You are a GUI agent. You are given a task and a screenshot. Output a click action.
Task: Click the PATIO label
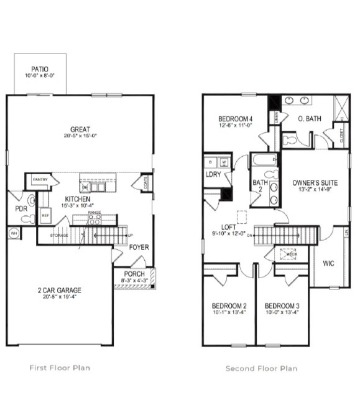click(x=40, y=70)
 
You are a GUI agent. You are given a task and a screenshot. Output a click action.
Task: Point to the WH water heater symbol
click(x=13, y=234)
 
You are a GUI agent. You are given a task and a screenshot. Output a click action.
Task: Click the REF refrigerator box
click(x=45, y=215)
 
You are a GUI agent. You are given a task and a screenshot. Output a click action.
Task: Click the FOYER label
click(x=138, y=246)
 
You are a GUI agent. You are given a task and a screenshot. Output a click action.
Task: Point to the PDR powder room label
click(x=21, y=208)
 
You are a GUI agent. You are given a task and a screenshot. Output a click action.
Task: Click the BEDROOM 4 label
click(x=235, y=119)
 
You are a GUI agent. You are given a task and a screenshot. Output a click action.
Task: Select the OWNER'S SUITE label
click(x=315, y=183)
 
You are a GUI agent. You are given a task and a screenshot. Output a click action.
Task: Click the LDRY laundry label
click(x=213, y=175)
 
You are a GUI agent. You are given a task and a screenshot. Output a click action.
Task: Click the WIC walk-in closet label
click(x=329, y=263)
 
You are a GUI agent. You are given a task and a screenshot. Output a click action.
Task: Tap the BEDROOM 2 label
click(x=229, y=306)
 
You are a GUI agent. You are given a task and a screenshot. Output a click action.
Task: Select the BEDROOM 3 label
click(x=282, y=306)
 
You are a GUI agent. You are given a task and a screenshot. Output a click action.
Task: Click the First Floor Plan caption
click(x=60, y=368)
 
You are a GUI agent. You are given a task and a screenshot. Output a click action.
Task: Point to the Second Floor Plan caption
click(x=261, y=368)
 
